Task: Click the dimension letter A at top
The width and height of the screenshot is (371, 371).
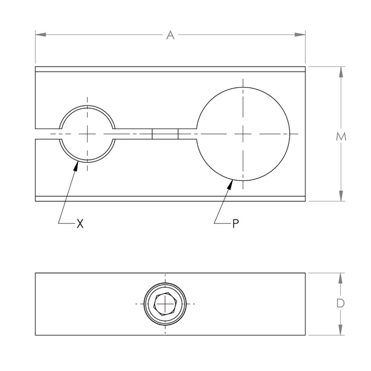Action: (170, 35)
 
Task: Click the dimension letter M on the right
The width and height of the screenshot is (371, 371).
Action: (341, 137)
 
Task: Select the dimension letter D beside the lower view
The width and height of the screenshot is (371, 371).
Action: (341, 304)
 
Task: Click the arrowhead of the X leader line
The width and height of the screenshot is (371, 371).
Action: (75, 165)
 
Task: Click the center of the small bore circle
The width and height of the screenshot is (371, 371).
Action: (88, 134)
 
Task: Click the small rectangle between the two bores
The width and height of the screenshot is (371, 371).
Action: (165, 134)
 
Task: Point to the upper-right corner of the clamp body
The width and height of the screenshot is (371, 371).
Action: (305, 67)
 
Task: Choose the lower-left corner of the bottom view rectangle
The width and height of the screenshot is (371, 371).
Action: (36, 335)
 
